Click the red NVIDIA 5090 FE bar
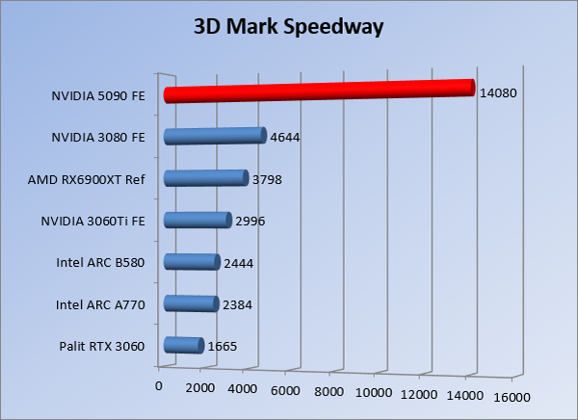click(318, 91)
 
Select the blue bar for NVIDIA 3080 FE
click(214, 136)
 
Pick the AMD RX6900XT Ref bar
click(205, 177)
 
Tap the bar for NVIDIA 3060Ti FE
click(197, 220)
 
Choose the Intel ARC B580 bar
click(192, 261)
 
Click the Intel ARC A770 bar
click(191, 303)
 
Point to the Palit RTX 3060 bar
click(183, 345)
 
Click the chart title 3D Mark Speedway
click(289, 26)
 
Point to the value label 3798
click(266, 179)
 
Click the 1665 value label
click(222, 347)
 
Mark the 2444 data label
click(238, 263)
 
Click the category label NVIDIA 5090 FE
click(98, 95)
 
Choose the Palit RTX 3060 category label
click(102, 347)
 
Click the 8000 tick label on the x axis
click(329, 392)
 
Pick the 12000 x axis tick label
click(419, 394)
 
